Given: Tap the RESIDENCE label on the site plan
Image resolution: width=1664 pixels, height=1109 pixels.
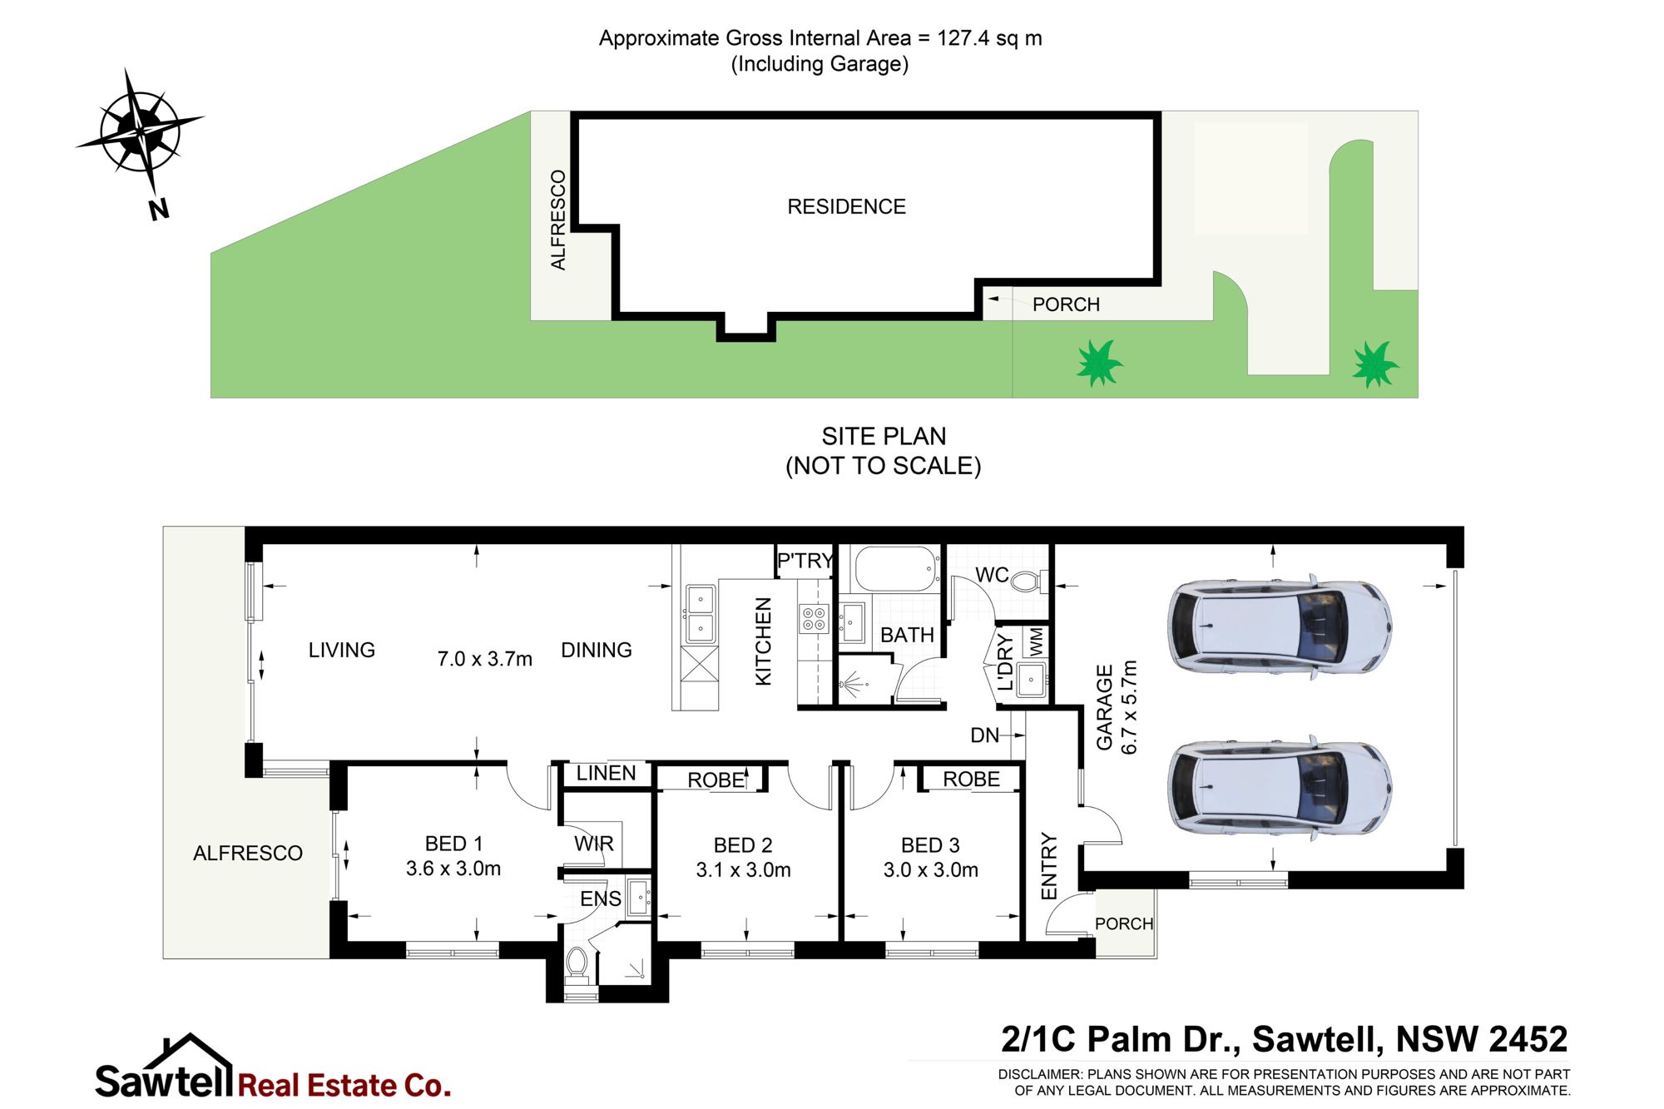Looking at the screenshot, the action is [846, 206].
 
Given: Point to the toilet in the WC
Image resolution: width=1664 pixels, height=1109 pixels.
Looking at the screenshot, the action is [1028, 579].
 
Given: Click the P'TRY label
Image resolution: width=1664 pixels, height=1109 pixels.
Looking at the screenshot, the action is [805, 561].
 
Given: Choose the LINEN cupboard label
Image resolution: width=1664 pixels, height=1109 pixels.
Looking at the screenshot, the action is [606, 773].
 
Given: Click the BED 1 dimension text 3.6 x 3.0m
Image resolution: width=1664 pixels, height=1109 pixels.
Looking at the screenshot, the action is [453, 869].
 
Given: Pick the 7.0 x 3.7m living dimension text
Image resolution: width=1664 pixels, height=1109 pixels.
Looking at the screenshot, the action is [485, 659].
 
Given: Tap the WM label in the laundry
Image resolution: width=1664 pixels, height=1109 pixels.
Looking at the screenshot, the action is [1035, 641].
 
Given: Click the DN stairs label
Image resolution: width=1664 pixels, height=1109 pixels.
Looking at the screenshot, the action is [984, 735].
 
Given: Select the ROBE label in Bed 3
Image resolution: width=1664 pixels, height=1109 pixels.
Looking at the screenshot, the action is [972, 780].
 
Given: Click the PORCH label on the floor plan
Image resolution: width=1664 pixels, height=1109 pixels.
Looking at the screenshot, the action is [1124, 923].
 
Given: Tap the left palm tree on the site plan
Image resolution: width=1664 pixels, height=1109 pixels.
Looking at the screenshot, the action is [1100, 364].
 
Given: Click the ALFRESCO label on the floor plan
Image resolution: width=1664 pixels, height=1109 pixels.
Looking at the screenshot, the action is [248, 853].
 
